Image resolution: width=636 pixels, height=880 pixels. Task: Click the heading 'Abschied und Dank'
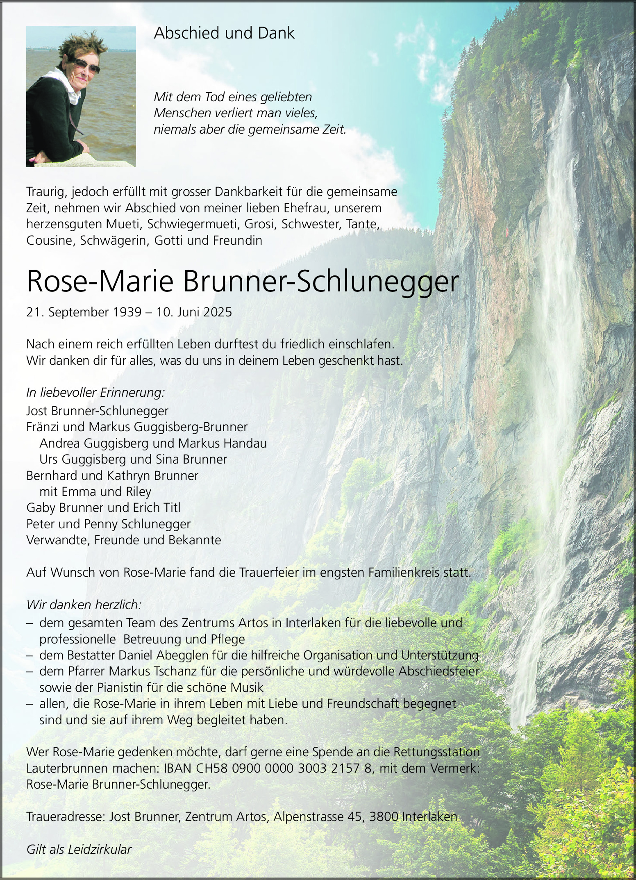coord(224,33)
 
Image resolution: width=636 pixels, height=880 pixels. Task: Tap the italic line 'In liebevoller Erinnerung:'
coord(95,393)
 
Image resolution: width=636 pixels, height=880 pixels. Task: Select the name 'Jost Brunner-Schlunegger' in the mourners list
coord(97,411)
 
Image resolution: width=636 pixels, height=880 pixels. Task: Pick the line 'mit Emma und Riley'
coord(95,491)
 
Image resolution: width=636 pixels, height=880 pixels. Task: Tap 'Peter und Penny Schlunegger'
coord(108,524)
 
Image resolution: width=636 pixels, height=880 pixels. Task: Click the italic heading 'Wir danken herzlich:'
coord(84,605)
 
